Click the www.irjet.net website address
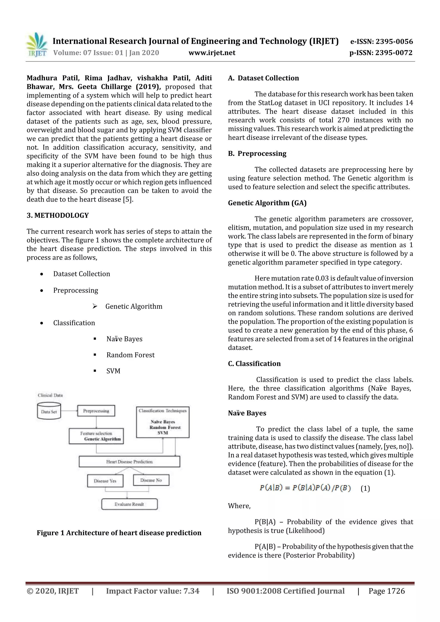(212, 53)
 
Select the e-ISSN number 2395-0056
(381, 41)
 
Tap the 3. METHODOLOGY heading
(58, 215)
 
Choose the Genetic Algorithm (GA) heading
(267, 203)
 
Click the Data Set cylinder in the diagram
(49, 411)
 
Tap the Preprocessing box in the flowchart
(96, 411)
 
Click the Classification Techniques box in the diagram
(163, 422)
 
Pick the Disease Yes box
(105, 481)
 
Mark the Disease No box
(151, 480)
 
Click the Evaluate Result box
(129, 504)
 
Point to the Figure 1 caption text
(119, 533)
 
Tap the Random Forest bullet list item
(130, 355)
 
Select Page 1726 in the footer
(386, 591)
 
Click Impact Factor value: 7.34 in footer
(153, 591)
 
